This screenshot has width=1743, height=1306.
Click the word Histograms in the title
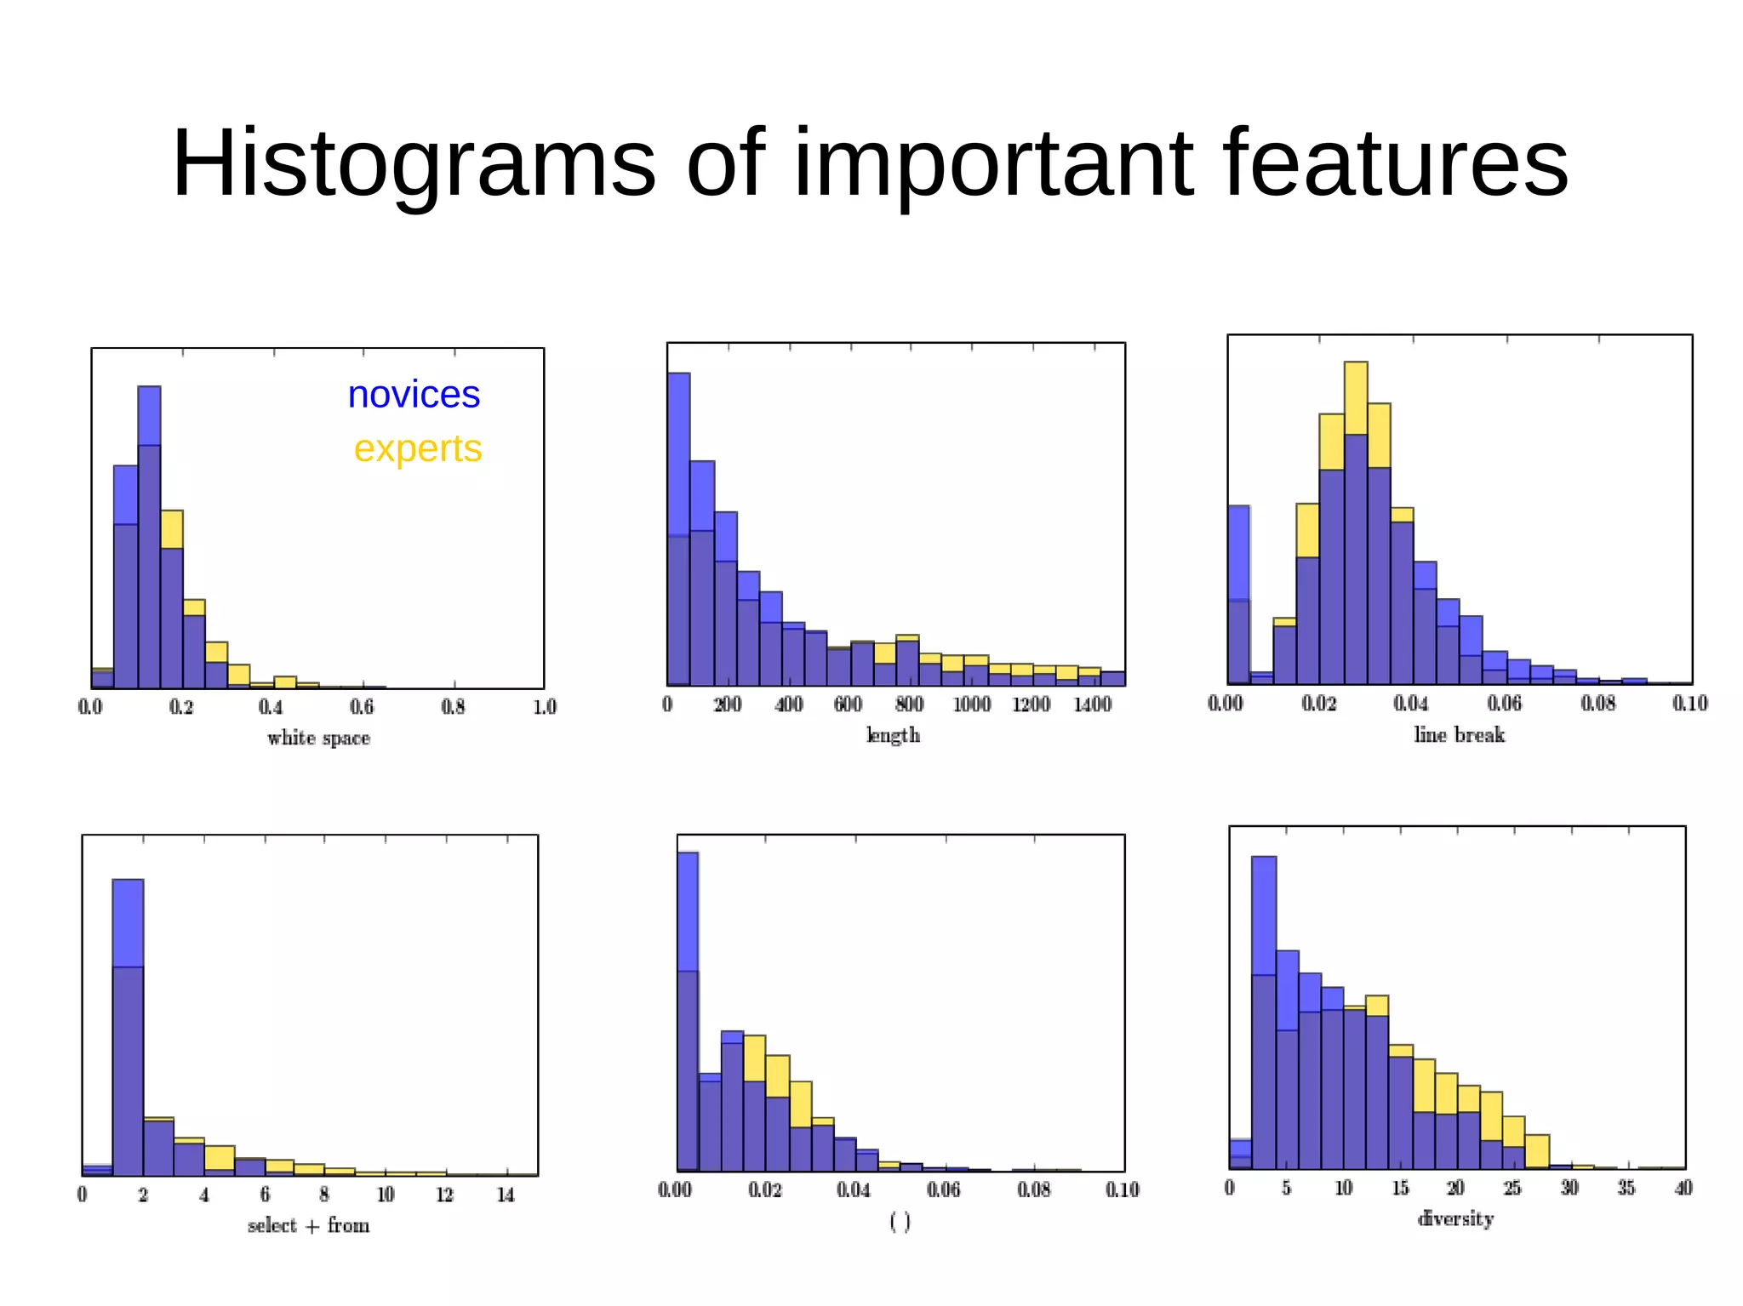414,163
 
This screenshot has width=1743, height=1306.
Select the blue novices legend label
414,395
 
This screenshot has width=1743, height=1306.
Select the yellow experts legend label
417,448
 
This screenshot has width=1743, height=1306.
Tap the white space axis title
318,739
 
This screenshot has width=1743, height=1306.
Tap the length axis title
893,735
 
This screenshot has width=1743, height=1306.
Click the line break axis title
1459,735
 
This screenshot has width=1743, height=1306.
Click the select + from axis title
308,1226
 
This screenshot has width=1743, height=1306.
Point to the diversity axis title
1455,1219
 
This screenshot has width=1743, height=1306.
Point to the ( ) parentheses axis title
900,1222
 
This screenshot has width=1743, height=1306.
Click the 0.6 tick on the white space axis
362,707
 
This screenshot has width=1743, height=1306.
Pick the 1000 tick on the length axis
971,704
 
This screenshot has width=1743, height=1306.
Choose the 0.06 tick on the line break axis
1504,704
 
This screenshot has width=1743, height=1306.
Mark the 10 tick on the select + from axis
386,1195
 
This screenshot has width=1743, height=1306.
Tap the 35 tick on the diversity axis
1626,1188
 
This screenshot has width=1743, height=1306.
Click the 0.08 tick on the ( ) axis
1033,1189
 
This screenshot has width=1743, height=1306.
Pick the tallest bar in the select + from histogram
128,1021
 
